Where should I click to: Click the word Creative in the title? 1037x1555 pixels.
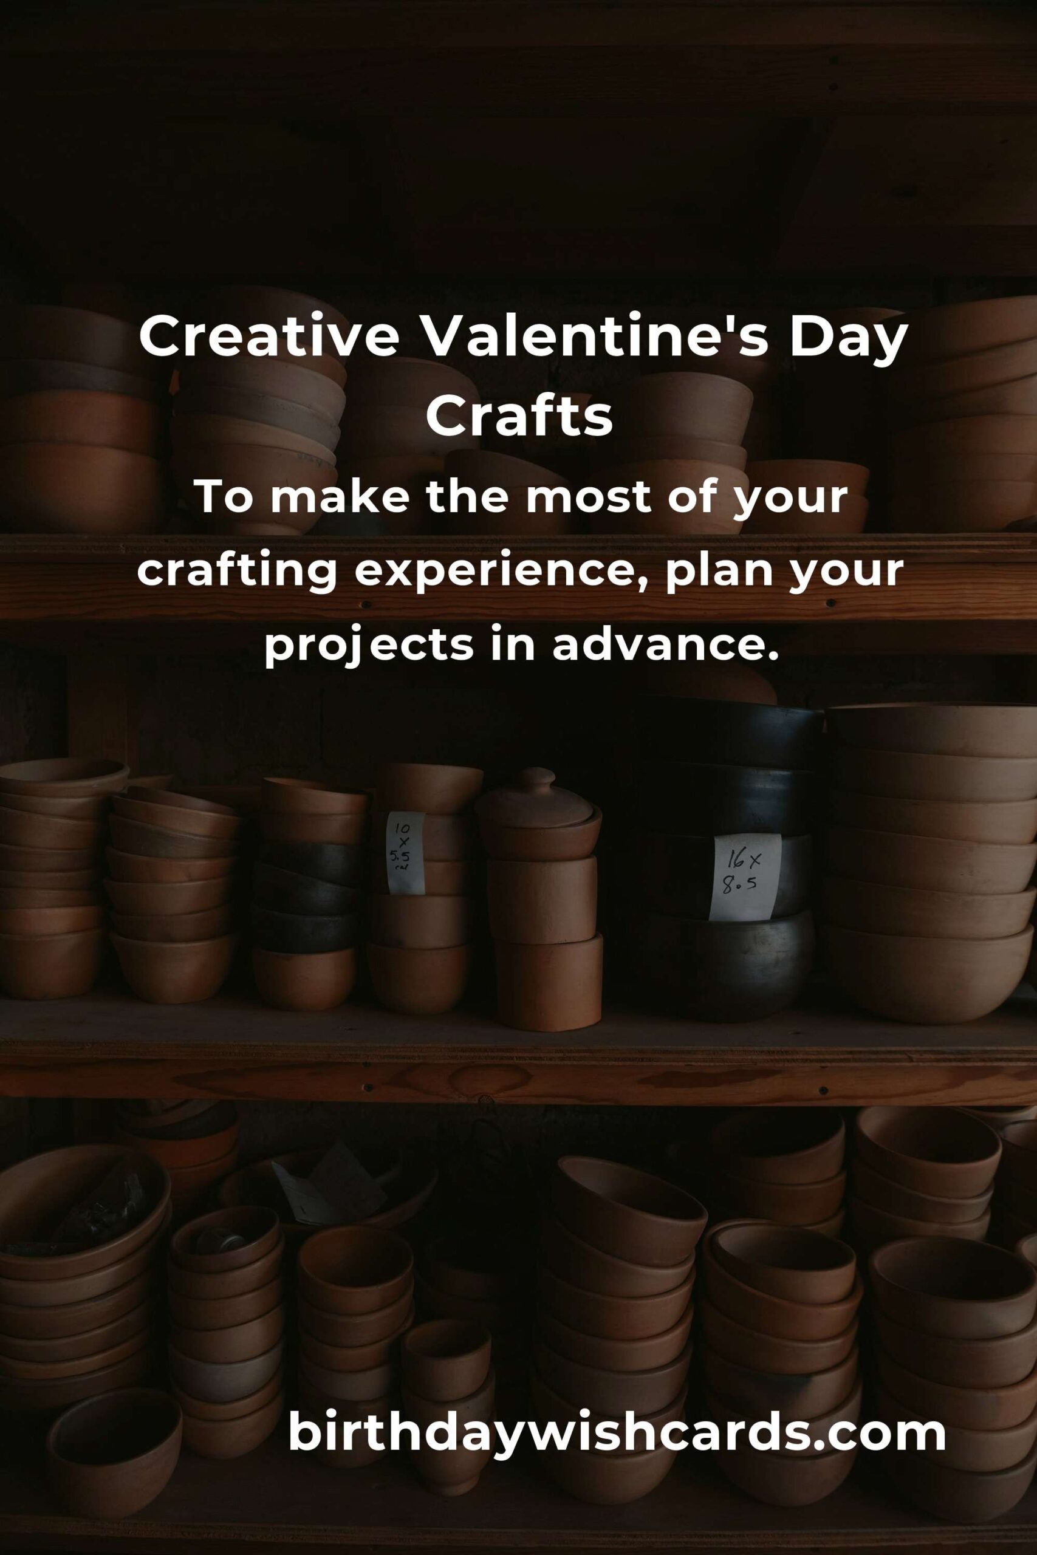tap(269, 337)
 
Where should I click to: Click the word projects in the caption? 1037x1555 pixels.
tap(369, 646)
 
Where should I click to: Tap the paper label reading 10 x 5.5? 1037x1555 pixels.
tap(404, 853)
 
